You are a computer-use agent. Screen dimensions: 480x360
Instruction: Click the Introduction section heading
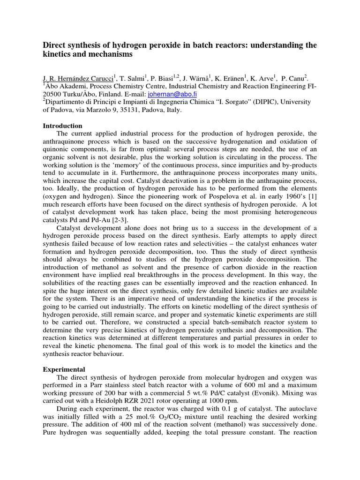(62, 126)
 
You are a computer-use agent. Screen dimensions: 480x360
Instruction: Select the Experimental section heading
(64, 369)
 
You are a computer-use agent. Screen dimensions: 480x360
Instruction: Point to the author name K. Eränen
(236, 78)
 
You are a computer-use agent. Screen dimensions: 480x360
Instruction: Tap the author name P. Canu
(297, 78)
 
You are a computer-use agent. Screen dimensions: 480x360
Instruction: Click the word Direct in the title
(54, 45)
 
